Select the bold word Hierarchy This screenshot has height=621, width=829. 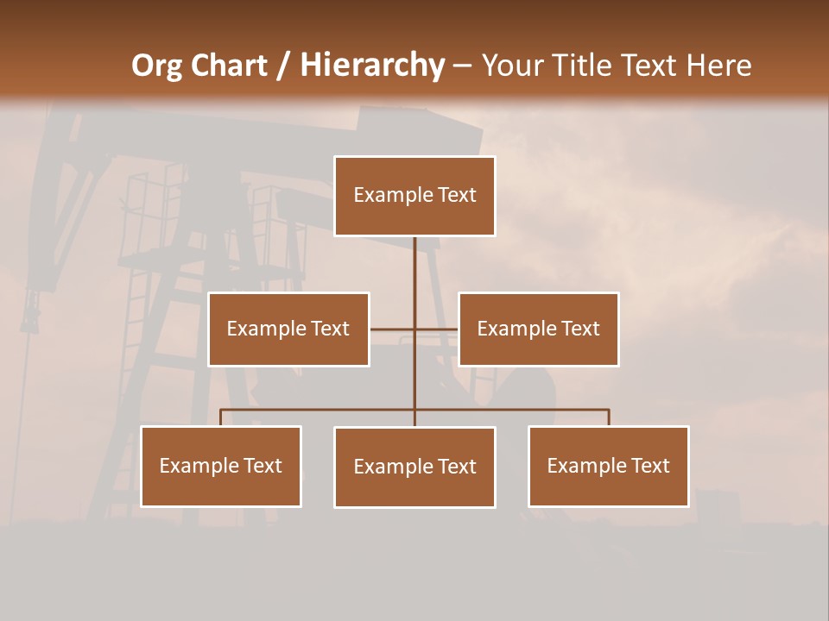[372, 66]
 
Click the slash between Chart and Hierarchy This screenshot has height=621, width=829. [283, 66]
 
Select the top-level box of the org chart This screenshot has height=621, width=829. [414, 196]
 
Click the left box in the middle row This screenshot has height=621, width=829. [288, 329]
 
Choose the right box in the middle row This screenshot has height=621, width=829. [539, 329]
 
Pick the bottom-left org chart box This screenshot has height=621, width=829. [221, 467]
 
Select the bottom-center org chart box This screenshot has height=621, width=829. [414, 467]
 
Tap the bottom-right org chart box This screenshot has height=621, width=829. [609, 467]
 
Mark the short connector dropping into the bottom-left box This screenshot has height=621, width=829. [221, 417]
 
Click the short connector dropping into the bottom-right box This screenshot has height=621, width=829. [609, 417]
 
